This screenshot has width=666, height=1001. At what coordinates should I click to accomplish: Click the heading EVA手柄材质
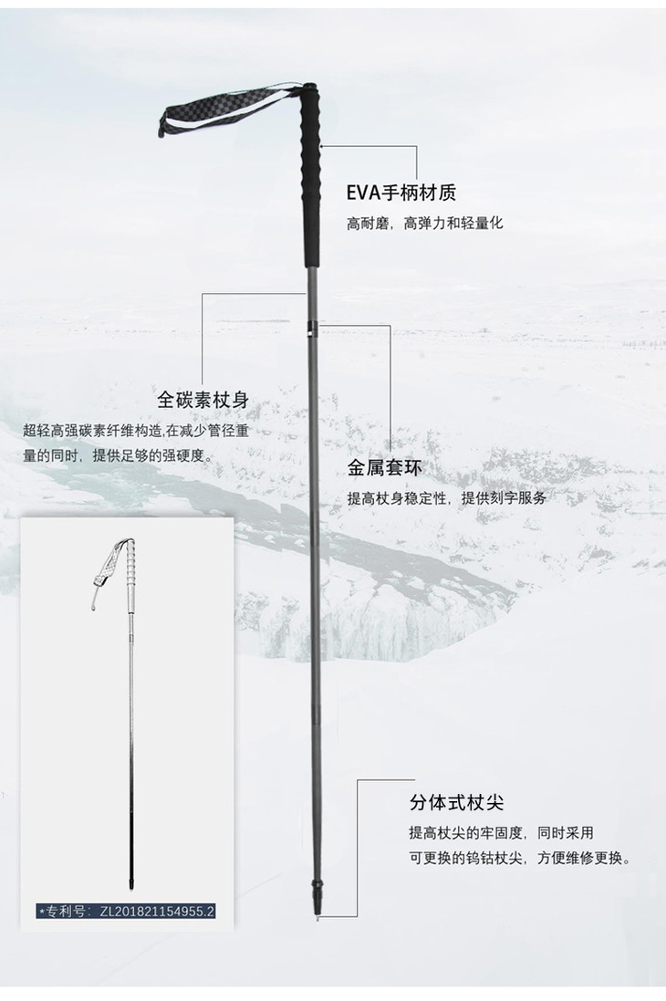pyautogui.click(x=401, y=193)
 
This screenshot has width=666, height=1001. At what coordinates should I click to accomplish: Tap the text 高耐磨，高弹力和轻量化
pyautogui.click(x=424, y=224)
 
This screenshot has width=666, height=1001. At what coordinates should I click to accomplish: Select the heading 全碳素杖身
pyautogui.click(x=203, y=401)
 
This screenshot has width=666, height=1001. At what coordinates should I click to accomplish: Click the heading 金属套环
pyautogui.click(x=384, y=469)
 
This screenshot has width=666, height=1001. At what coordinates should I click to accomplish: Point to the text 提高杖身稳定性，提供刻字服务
pyautogui.click(x=446, y=498)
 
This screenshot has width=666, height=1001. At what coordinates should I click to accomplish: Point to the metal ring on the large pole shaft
pyautogui.click(x=313, y=326)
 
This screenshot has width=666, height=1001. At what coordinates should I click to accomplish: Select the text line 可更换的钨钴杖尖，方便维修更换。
pyautogui.click(x=520, y=858)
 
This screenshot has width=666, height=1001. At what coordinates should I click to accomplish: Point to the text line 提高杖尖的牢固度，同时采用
pyautogui.click(x=501, y=832)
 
